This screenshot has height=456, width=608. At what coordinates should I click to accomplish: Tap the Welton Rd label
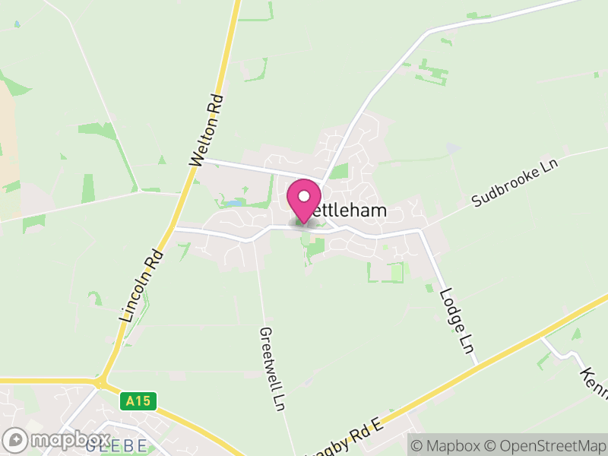pyautogui.click(x=207, y=131)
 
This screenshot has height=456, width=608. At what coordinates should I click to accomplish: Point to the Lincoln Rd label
pyautogui.click(x=142, y=286)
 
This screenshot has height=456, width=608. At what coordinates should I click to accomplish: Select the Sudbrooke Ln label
pyautogui.click(x=515, y=183)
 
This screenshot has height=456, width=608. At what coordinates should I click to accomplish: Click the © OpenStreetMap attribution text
pyautogui.click(x=545, y=445)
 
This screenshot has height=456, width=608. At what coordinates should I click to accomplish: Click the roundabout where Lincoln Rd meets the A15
pyautogui.click(x=100, y=382)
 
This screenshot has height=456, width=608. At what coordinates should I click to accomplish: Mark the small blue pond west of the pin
pyautogui.click(x=234, y=204)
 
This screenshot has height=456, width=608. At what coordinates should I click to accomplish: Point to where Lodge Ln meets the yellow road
pyautogui.click(x=477, y=364)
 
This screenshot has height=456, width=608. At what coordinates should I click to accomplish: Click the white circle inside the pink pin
pyautogui.click(x=304, y=197)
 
